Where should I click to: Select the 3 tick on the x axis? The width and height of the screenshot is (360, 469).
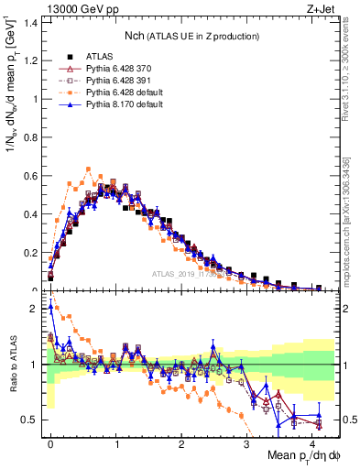pyautogui.click(x=247, y=442)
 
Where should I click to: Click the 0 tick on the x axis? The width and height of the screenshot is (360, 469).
pyautogui.click(x=50, y=442)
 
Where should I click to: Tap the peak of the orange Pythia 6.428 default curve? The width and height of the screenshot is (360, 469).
pyautogui.click(x=88, y=169)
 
